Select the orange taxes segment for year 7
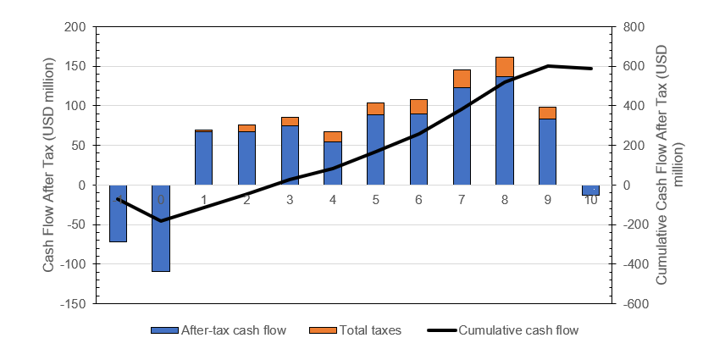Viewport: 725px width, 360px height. pyautogui.click(x=462, y=79)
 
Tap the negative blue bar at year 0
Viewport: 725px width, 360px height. pyautogui.click(x=160, y=228)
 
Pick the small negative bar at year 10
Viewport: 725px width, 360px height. pyautogui.click(x=590, y=190)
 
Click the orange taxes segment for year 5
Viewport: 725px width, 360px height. pyautogui.click(x=375, y=108)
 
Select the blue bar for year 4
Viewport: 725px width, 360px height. pyautogui.click(x=333, y=163)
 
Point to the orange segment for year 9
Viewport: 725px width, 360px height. pyautogui.click(x=547, y=113)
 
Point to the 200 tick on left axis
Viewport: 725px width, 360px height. pyautogui.click(x=75, y=27)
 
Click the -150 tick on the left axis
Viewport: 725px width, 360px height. pyautogui.click(x=74, y=303)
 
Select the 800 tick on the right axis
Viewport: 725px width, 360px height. pyautogui.click(x=634, y=27)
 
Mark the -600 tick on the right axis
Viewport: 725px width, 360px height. pyautogui.click(x=636, y=303)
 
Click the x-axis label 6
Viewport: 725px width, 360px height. pyautogui.click(x=418, y=200)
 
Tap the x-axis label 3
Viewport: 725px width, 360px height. pyautogui.click(x=290, y=200)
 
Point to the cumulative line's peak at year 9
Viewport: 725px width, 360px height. pyautogui.click(x=548, y=65)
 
